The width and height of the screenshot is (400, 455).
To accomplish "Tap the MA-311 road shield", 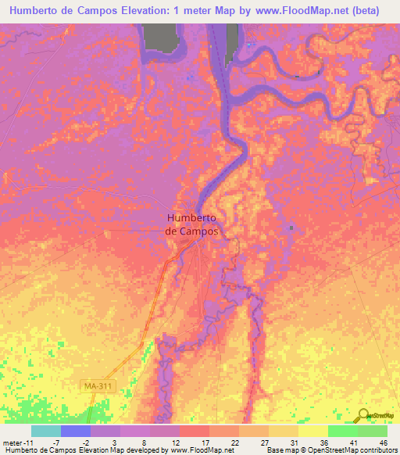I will click(94, 385).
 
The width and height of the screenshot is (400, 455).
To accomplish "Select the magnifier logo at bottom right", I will click(364, 414).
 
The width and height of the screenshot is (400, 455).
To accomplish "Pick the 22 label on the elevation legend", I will click(235, 442).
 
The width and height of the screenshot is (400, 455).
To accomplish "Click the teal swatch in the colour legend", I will click(46, 431).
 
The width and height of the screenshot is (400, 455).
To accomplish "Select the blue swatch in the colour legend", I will click(76, 431).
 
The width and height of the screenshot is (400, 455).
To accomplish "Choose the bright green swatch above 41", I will click(342, 431).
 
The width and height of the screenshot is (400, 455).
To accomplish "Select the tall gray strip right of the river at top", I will click(232, 40).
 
